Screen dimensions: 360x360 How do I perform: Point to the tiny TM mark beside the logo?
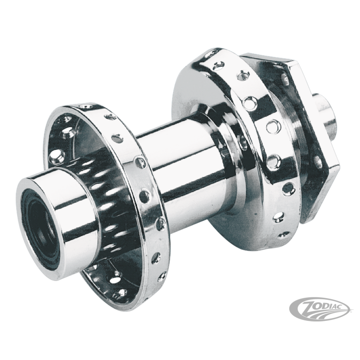[x=351, y=312]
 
